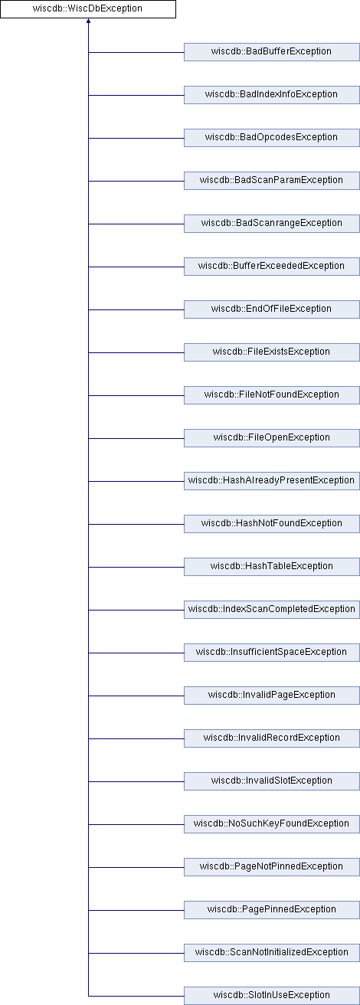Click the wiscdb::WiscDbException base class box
pyautogui.click(x=88, y=9)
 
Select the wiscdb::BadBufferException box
pyautogui.click(x=272, y=52)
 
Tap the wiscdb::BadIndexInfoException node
pyautogui.click(x=272, y=95)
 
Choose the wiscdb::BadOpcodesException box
pyautogui.click(x=272, y=138)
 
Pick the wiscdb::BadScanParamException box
pyautogui.click(x=272, y=181)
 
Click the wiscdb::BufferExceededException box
pyautogui.click(x=272, y=267)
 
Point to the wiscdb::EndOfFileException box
pyautogui.click(x=272, y=309)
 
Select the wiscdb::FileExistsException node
pyautogui.click(x=272, y=352)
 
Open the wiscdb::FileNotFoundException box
pyautogui.click(x=272, y=395)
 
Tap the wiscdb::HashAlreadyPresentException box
pyautogui.click(x=272, y=481)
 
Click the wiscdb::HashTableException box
pyautogui.click(x=272, y=567)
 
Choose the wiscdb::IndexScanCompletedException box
pyautogui.click(x=272, y=610)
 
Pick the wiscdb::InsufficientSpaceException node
pyautogui.click(x=272, y=653)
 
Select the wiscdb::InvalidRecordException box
pyautogui.click(x=272, y=738)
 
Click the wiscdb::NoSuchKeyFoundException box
pyautogui.click(x=272, y=824)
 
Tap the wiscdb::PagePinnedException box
pyautogui.click(x=272, y=910)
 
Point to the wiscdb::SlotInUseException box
pyautogui.click(x=272, y=996)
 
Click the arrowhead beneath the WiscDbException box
pyautogui.click(x=88, y=21)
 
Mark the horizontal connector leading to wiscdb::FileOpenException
pyautogui.click(x=136, y=438)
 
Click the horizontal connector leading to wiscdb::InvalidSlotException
pyautogui.click(x=136, y=781)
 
